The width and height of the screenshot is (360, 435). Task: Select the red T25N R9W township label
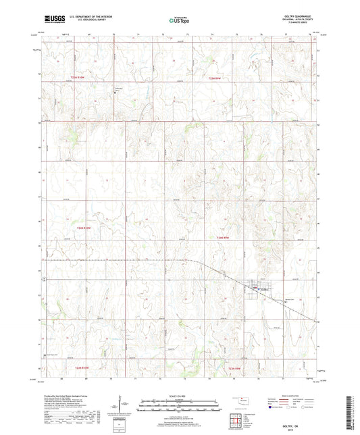(x=215, y=78)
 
